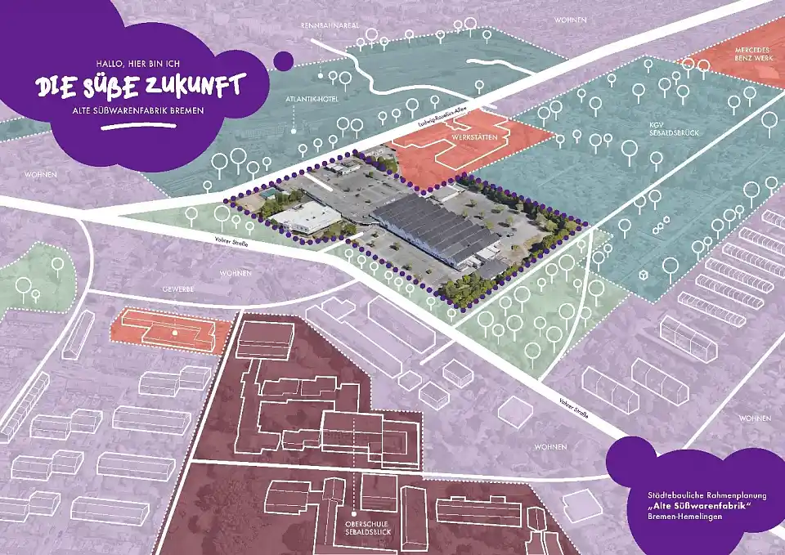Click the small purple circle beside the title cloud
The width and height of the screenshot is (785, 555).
[x=283, y=60]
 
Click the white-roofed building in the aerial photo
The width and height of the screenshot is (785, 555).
[x=307, y=217]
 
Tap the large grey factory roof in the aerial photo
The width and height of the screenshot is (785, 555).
[x=433, y=224]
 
